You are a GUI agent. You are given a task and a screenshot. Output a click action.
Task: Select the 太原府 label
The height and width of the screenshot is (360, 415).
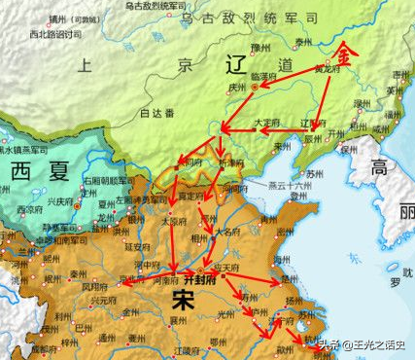[x=171, y=220]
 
